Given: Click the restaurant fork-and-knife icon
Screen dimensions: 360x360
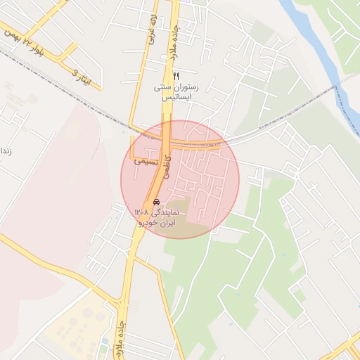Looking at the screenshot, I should [176, 76].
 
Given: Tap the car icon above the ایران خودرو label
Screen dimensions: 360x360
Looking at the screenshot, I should [156, 202].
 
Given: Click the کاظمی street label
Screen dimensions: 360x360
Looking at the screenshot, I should [167, 167].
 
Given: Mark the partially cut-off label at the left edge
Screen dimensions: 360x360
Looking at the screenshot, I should [4, 151].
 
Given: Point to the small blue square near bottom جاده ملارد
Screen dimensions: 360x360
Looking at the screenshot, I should [105, 342].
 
